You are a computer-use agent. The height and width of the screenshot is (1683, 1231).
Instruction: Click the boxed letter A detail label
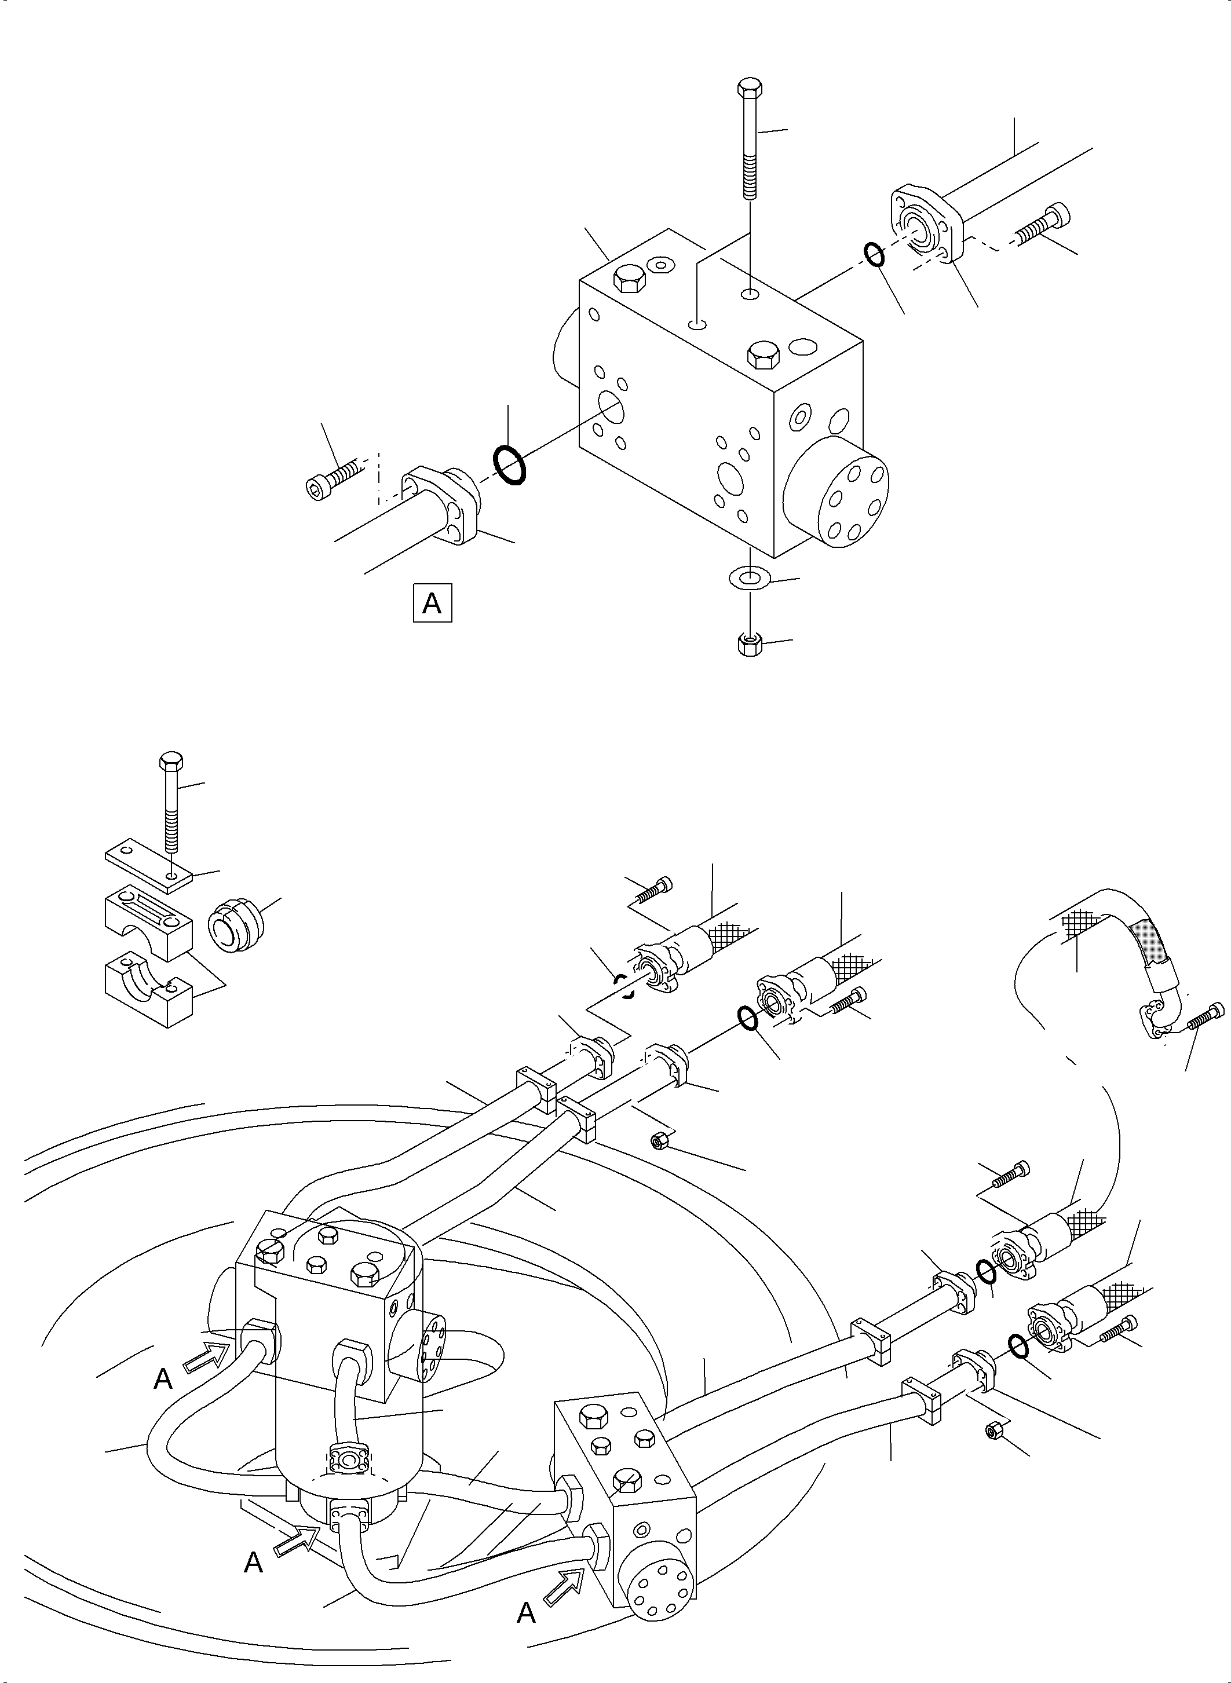(x=432, y=603)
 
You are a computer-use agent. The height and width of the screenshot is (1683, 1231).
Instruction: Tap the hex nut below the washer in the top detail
(x=749, y=645)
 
